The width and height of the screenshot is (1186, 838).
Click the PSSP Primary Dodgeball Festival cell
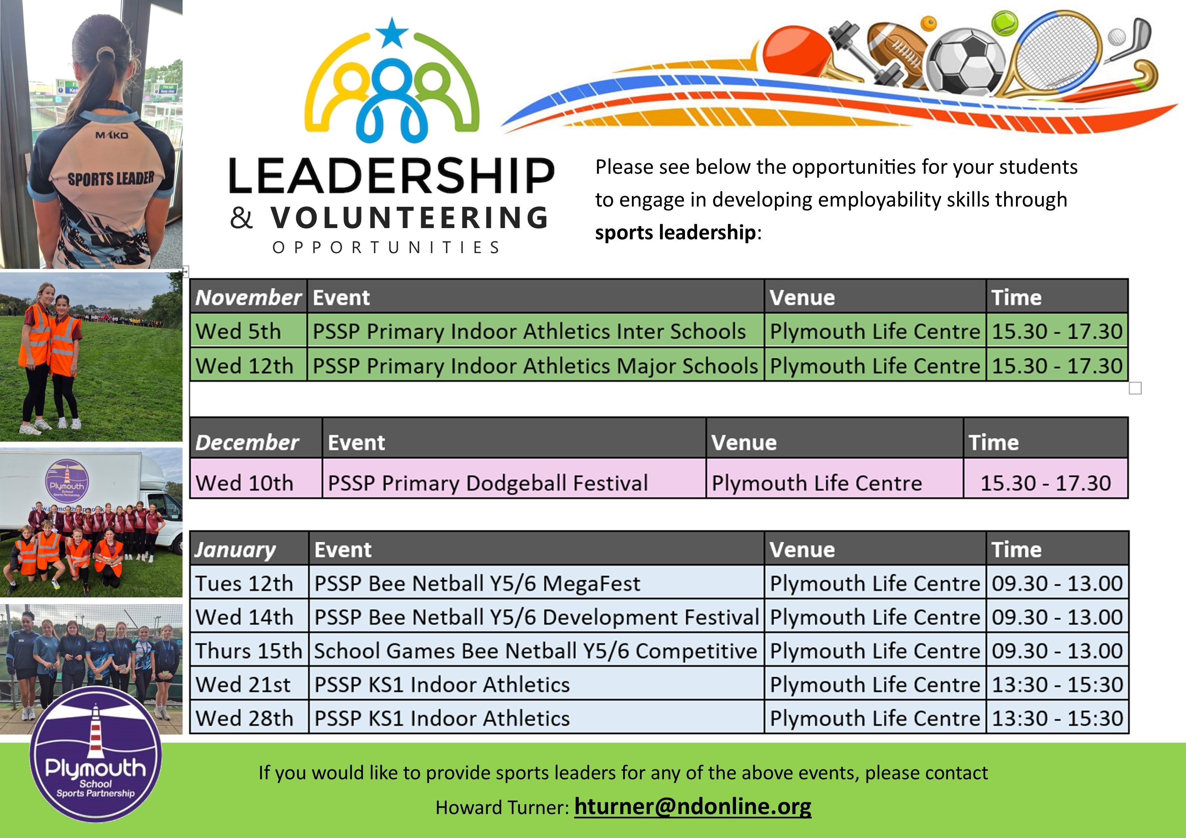coord(514,478)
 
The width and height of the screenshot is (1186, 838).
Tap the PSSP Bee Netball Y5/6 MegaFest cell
coord(536,583)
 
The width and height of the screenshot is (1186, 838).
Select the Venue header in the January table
coord(875,548)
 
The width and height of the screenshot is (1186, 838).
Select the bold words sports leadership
coord(675,232)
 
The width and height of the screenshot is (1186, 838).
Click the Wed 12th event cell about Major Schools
coord(536,365)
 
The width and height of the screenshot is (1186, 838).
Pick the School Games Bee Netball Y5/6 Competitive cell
coord(536,650)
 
